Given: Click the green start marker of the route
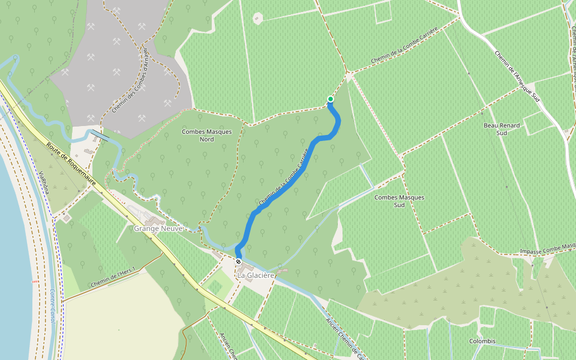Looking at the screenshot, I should click(x=330, y=99).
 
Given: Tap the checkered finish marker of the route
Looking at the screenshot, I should click(x=238, y=262).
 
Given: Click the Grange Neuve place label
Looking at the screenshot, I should click(x=157, y=229).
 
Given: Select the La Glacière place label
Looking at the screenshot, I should click(x=256, y=275).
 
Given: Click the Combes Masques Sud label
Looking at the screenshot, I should click(x=399, y=201).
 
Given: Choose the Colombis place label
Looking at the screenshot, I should click(x=483, y=341).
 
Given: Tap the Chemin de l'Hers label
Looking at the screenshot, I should click(x=112, y=278).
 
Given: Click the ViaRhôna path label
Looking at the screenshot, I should click(x=43, y=180).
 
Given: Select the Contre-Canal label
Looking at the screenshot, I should click(x=53, y=307).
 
